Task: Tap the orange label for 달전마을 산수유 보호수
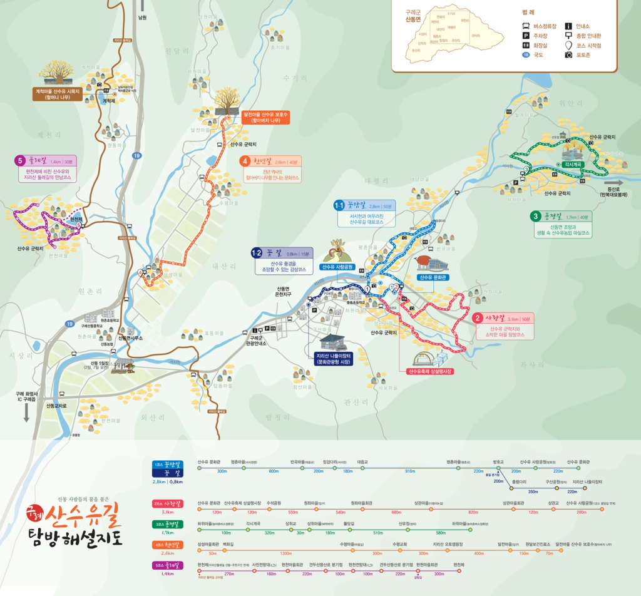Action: [x=265, y=117]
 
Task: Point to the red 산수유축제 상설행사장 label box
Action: [x=430, y=371]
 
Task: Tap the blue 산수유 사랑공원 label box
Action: [x=338, y=267]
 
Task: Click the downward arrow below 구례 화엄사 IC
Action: [x=26, y=411]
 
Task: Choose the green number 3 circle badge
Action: [x=535, y=217]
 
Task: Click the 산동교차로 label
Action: [x=60, y=406]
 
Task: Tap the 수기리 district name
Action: [x=295, y=78]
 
